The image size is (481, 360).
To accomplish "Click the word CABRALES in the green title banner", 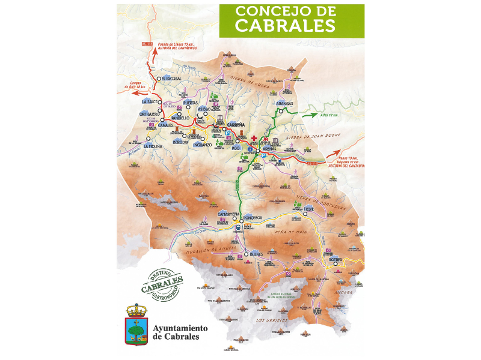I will pos(285,25).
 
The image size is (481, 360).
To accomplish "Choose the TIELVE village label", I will pos(308,209).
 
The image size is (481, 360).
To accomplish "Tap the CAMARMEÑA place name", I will pos(228,214).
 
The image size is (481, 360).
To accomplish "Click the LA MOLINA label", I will pos(155,146).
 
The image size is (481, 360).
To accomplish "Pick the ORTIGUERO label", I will pos(149,114).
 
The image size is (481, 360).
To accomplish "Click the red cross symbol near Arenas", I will pos(255,138).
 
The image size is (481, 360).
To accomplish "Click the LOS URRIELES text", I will pos(270,320).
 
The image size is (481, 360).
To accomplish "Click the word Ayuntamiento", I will pos(180,328).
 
